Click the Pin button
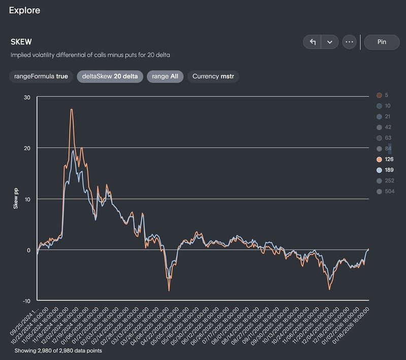point(382,42)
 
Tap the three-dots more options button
point(349,42)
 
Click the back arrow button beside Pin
point(313,42)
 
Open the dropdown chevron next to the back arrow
point(329,42)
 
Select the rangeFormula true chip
point(41,76)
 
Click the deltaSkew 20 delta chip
point(110,76)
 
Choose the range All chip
point(165,76)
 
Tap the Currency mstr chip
point(213,76)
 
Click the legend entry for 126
point(386,159)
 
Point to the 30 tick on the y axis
point(27,97)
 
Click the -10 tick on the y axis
point(27,300)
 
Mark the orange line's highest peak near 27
point(72,109)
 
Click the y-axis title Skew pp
point(16,199)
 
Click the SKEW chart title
point(21,42)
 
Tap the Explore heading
point(24,10)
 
